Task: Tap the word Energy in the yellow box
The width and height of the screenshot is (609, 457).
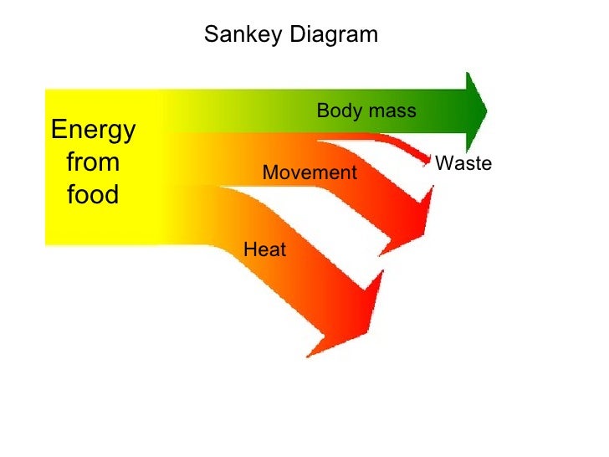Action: [93, 131]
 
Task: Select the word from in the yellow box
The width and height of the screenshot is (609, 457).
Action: [92, 162]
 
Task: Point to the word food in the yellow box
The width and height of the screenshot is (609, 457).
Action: [92, 195]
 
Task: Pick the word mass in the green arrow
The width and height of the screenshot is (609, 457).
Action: [391, 111]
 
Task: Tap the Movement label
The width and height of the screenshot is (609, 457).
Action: [310, 172]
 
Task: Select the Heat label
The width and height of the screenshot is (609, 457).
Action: [264, 249]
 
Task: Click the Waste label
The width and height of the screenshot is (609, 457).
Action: [463, 164]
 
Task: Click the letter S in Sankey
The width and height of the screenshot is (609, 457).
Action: [211, 35]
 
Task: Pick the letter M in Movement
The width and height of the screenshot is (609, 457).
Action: [269, 172]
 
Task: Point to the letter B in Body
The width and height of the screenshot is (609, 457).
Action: [322, 111]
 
